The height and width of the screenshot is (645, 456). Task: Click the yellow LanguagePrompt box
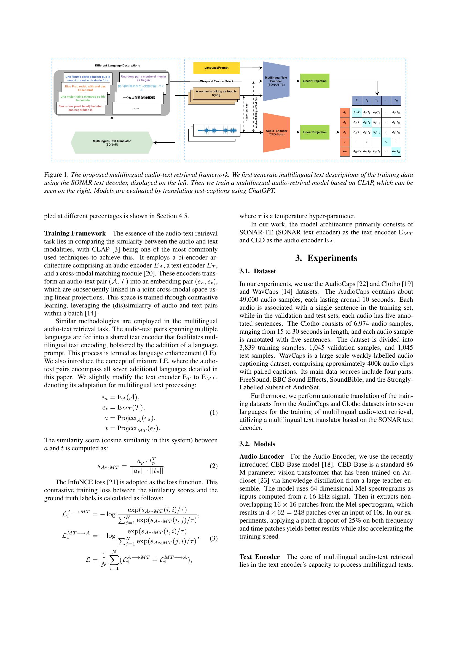216,68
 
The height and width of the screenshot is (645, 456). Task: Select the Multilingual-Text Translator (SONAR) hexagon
112,143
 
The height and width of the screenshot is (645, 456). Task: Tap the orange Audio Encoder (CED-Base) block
276,132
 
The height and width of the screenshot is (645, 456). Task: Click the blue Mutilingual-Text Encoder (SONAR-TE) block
276,81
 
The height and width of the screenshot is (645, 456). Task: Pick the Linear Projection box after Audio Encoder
315,132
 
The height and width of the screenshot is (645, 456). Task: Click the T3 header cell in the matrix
377,100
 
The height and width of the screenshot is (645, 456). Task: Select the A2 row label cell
345,122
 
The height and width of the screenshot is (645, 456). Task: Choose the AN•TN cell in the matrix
396,152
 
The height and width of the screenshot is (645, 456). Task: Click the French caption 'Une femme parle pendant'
88,78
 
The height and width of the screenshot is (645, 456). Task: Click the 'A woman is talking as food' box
216,93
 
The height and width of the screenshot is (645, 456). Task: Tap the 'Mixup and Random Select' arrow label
216,81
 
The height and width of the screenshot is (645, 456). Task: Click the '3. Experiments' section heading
326,258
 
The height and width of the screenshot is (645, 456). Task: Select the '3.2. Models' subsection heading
257,444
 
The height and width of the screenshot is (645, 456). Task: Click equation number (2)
213,466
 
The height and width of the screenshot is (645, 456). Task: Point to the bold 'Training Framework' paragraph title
75,234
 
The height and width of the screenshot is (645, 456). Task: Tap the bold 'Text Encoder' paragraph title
259,557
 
